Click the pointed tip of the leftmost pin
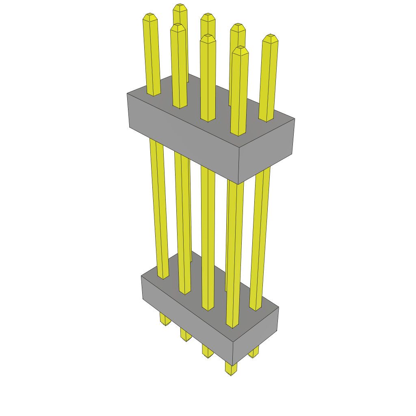[x=150, y=17]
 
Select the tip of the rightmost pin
[x=270, y=38]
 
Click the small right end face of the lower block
[x=256, y=336]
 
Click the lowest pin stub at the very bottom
[x=231, y=369]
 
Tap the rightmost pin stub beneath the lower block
[x=253, y=353]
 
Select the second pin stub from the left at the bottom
[x=185, y=336]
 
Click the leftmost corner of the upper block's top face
[x=127, y=93]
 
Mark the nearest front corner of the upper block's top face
[x=239, y=147]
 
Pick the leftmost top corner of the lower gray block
[x=141, y=276]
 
